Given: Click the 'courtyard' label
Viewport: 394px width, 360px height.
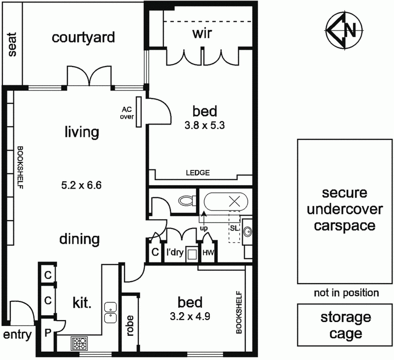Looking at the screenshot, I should pyautogui.click(x=84, y=37).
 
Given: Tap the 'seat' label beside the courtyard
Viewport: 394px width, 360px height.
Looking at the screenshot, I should pyautogui.click(x=12, y=44).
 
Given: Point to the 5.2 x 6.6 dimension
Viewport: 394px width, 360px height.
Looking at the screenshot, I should pyautogui.click(x=82, y=186).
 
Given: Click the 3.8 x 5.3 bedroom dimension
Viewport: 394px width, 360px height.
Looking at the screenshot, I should pyautogui.click(x=204, y=125).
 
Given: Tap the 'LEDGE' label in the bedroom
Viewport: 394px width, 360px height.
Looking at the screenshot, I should pyautogui.click(x=198, y=173).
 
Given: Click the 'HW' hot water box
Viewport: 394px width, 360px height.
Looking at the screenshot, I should pyautogui.click(x=207, y=253).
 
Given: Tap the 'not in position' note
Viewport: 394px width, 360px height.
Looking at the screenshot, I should pyautogui.click(x=346, y=293).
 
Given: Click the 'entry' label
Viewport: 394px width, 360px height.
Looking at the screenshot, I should pyautogui.click(x=18, y=336).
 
